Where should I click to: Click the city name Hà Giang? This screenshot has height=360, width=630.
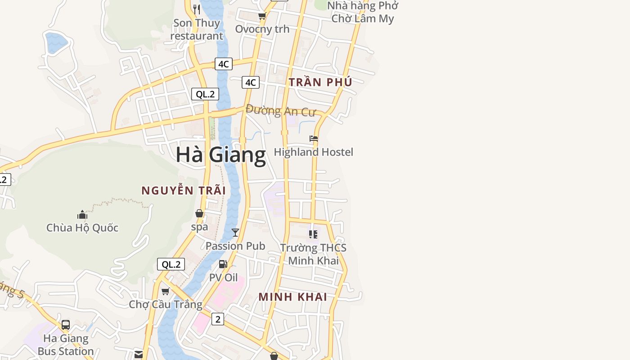click(x=220, y=155)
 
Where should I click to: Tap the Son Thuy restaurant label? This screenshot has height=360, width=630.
click(x=197, y=29)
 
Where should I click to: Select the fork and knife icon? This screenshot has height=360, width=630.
click(x=196, y=9)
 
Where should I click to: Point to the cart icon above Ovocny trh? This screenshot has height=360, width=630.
click(x=262, y=16)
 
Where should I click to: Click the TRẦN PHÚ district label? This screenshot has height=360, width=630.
click(x=320, y=82)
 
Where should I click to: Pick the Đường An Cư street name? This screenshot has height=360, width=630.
click(x=281, y=111)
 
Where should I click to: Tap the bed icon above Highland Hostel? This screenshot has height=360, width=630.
click(x=314, y=139)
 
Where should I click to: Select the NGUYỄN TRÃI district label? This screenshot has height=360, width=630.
click(x=184, y=190)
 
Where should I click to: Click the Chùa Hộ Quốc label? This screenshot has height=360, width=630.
click(x=82, y=228)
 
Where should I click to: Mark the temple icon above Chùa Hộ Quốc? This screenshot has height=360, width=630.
click(x=82, y=214)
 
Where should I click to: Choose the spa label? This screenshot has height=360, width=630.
click(x=199, y=227)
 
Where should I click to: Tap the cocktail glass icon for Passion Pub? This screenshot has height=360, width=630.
click(x=235, y=233)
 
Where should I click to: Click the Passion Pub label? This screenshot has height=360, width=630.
click(x=235, y=246)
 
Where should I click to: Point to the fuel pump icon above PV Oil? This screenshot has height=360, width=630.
click(x=223, y=264)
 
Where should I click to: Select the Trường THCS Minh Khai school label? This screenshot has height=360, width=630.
click(x=313, y=254)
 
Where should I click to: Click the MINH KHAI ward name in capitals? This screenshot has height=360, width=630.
click(x=292, y=297)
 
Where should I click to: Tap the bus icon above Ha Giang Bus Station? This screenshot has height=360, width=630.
click(x=66, y=324)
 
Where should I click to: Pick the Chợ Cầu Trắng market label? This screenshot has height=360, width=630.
click(x=166, y=304)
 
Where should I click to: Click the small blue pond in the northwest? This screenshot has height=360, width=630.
click(x=56, y=43)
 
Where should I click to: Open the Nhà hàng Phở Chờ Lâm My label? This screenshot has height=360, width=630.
click(x=362, y=12)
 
